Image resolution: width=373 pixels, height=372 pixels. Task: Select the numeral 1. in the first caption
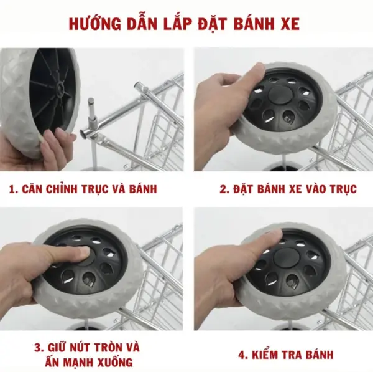point(14,189)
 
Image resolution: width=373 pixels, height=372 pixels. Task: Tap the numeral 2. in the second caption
point(223,189)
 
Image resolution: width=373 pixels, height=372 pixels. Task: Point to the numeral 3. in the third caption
point(39,348)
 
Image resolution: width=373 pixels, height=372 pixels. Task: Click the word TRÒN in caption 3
point(109,347)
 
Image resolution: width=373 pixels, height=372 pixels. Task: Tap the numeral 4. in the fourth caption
point(243,355)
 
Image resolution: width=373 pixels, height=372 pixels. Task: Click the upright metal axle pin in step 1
point(91,113)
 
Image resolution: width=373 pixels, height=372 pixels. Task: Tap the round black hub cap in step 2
point(278,95)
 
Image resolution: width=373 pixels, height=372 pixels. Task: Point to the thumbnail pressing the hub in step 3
point(85,251)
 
